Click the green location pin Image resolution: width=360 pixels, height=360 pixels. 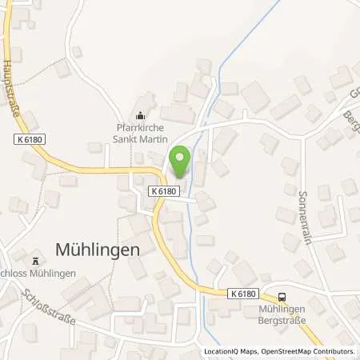click(179, 162)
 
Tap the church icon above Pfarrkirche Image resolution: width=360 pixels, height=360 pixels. click(142, 116)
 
